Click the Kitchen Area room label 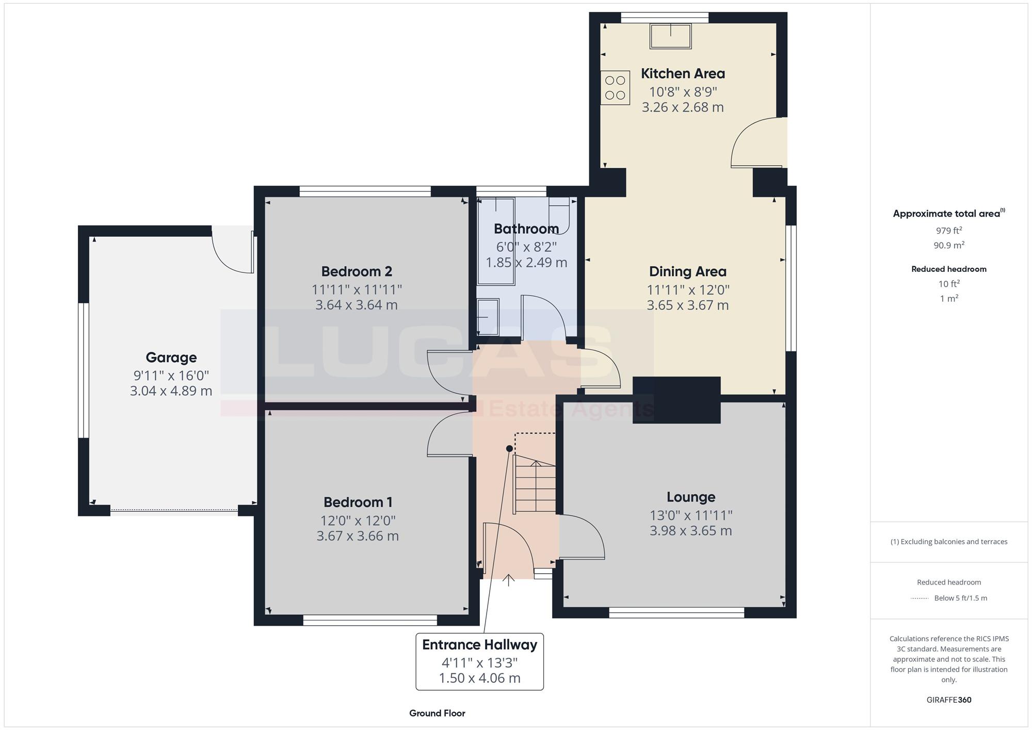pyautogui.click(x=683, y=74)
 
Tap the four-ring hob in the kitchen pyautogui.click(x=615, y=88)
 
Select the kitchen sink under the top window pyautogui.click(x=670, y=36)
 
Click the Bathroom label pyautogui.click(x=526, y=229)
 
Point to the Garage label pyautogui.click(x=171, y=358)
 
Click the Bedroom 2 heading pyautogui.click(x=357, y=271)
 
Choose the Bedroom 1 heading pyautogui.click(x=358, y=502)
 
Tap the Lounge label pyautogui.click(x=691, y=497)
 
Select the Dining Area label pyautogui.click(x=687, y=271)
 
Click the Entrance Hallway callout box pyautogui.click(x=480, y=661)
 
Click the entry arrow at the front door pyautogui.click(x=509, y=580)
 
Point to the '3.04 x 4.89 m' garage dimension pyautogui.click(x=171, y=391)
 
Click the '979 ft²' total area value pyautogui.click(x=949, y=231)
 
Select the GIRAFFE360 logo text pyautogui.click(x=949, y=700)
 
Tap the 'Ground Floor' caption pyautogui.click(x=437, y=713)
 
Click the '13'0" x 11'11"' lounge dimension pyautogui.click(x=691, y=515)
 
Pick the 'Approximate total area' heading pyautogui.click(x=949, y=214)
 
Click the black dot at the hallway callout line pyautogui.click(x=509, y=449)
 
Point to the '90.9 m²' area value pyautogui.click(x=949, y=245)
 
